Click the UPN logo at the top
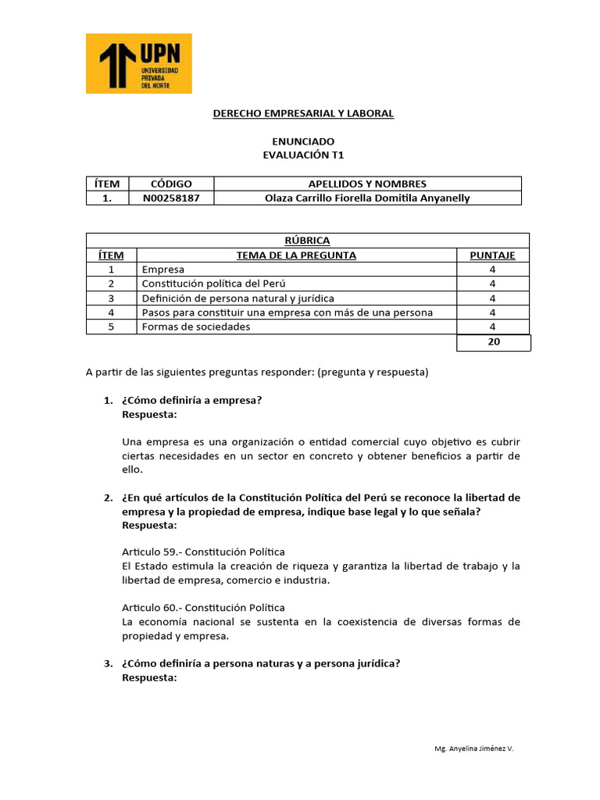tap(138, 63)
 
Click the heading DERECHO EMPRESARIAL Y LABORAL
tap(303, 114)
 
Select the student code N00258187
tap(171, 198)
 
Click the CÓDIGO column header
tap(171, 184)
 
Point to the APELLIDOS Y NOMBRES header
tap(366, 184)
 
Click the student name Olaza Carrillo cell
tap(366, 198)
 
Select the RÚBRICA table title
tap(307, 241)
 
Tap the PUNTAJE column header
tap(492, 255)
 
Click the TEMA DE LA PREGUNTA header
tap(296, 255)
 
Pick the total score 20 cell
tap(493, 342)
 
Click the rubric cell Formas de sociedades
tap(196, 327)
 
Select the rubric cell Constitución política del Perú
tap(220, 284)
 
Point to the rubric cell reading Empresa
tap(163, 270)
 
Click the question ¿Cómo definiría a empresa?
tap(191, 401)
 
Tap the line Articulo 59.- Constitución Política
tap(203, 552)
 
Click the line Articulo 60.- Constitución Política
tap(203, 607)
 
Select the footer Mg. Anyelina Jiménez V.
tap(474, 748)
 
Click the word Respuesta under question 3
tap(150, 678)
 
